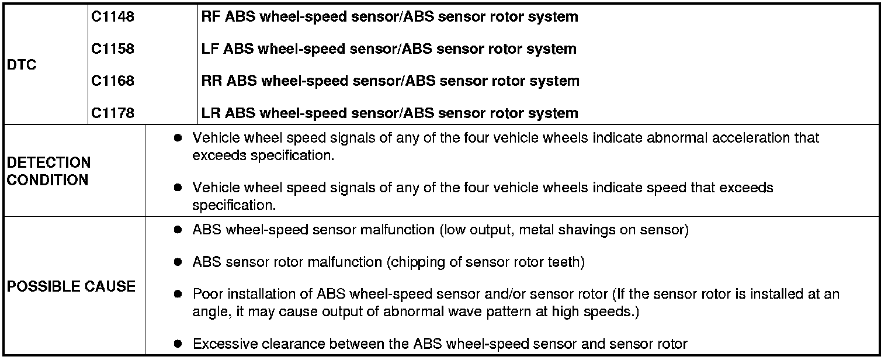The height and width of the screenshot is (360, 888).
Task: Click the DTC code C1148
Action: coord(113,17)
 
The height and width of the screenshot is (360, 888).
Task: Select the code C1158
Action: coord(113,49)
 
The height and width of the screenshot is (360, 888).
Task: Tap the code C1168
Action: coord(113,81)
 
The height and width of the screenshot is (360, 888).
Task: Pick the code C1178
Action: coord(113,113)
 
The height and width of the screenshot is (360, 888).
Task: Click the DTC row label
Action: coord(22,65)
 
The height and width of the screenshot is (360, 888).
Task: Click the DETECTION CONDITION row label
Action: coord(48,171)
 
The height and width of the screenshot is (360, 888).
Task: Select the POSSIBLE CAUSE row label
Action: coord(71,286)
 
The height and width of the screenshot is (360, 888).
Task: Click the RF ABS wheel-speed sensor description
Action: coord(389,17)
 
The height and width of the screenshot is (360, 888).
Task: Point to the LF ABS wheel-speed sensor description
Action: coord(388,49)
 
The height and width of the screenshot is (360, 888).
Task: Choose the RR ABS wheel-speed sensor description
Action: coord(390,81)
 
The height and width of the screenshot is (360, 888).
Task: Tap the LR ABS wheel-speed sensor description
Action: coord(389,113)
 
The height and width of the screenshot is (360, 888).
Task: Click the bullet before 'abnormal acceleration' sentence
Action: coord(179,139)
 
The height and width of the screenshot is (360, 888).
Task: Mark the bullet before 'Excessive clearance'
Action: coord(179,344)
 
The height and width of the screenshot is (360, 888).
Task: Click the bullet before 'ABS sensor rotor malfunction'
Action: coord(179,262)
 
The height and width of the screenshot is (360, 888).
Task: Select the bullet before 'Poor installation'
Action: coord(179,294)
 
